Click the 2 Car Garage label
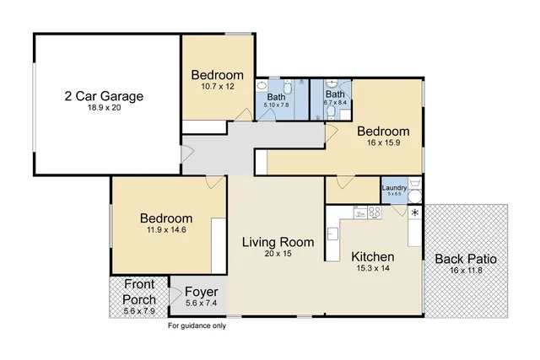104,96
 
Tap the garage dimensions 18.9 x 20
104,109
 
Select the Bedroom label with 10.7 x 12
218,74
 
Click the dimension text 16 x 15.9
382,144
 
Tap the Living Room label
278,242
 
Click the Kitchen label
372,255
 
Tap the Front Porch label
139,292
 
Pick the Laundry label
394,188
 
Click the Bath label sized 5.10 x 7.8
277,97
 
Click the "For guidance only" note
197,325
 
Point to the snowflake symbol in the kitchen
414,212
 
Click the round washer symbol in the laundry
414,197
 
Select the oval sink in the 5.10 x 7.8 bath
262,86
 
